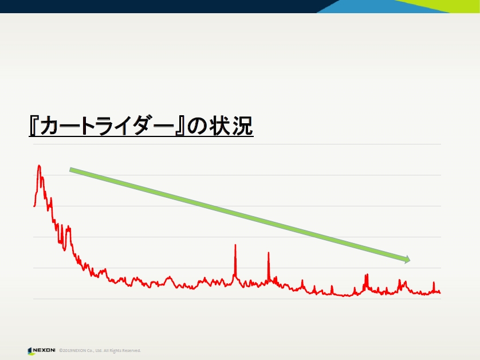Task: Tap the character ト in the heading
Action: click(x=90, y=126)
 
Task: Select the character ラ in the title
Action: click(x=108, y=126)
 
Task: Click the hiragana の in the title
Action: click(x=197, y=126)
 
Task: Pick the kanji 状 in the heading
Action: click(x=220, y=126)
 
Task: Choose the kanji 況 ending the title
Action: click(x=242, y=126)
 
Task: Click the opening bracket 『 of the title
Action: click(x=33, y=126)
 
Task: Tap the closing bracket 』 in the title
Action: click(x=180, y=126)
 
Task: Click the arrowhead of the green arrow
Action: click(x=407, y=260)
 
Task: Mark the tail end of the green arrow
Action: click(x=70, y=170)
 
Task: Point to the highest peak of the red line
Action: click(x=39, y=166)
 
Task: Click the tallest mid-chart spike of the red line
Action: click(x=235, y=245)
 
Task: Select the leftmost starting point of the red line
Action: click(x=34, y=206)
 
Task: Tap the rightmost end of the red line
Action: click(x=440, y=292)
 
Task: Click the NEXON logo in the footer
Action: click(x=41, y=350)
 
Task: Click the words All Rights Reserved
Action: click(x=122, y=350)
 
